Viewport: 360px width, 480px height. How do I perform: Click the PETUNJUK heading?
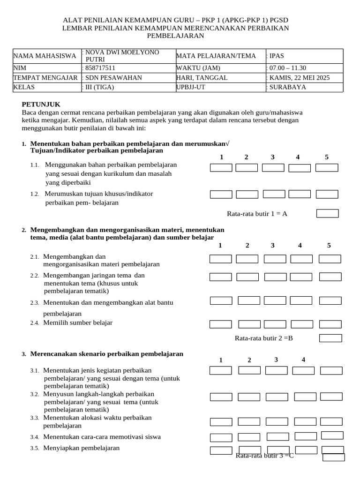tap(41, 105)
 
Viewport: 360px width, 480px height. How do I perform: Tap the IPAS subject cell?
tap(277, 56)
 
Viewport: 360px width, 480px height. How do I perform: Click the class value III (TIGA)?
tap(99, 87)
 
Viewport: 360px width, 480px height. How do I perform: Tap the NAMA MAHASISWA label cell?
tap(45, 56)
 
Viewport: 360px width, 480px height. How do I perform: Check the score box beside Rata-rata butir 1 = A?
tap(327, 214)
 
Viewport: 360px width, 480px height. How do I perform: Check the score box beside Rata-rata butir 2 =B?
tap(330, 338)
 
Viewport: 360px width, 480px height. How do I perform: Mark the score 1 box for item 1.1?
tap(221, 168)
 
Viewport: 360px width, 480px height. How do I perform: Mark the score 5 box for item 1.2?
tap(326, 194)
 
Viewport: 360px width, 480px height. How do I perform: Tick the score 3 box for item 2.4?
tap(276, 324)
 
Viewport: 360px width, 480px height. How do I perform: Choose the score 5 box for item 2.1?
tap(330, 259)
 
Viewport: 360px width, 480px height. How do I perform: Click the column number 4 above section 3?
tap(303, 360)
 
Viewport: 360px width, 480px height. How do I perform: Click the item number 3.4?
tap(35, 437)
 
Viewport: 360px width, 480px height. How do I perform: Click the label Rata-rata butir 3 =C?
tap(264, 455)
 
